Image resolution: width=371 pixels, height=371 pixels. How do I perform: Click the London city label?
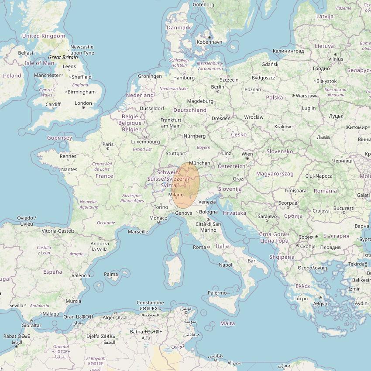pos(83,103)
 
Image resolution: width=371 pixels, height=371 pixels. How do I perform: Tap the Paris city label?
pos(108,144)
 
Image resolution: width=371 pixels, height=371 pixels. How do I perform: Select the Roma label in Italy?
pos(199,247)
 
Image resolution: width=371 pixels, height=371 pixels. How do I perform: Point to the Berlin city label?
pos(217,87)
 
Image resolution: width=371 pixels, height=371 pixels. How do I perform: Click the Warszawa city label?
pos(307,96)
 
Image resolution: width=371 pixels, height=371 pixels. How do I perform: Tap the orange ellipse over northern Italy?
pos(186,185)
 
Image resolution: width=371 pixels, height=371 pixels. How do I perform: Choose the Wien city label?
pos(247,154)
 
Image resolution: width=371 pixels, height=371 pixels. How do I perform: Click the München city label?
pos(199,163)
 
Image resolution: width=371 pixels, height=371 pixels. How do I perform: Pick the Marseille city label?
pos(137,232)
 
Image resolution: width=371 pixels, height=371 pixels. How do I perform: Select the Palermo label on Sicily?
pos(217,293)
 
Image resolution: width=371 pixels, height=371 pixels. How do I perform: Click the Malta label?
pos(227,323)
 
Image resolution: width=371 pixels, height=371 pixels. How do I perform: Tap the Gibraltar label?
pos(31,325)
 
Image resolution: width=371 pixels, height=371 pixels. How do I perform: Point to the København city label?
pos(210,42)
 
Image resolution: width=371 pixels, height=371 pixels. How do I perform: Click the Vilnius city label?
pos(336,59)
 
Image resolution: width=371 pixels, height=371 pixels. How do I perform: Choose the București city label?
pos(344,208)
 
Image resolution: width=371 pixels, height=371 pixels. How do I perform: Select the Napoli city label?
pos(226,265)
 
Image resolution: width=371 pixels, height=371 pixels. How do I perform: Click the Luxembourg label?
pos(146,141)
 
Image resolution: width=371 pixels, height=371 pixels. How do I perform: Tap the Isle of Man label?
pos(40,63)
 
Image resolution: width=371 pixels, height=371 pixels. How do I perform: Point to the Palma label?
pos(111,275)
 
